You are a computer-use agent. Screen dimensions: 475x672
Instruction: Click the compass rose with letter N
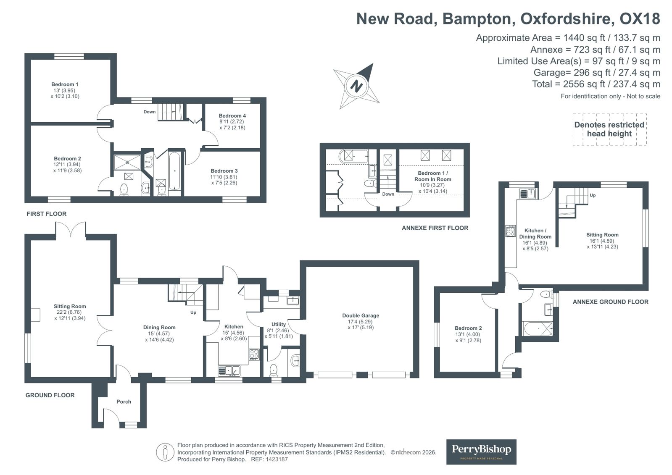coord(356,86)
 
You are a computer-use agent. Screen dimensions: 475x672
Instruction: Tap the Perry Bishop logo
coord(481,451)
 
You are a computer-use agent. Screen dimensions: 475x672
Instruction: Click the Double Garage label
coord(360,321)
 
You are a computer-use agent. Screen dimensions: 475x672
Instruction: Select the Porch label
coord(124,402)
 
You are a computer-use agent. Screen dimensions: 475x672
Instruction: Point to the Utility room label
coord(278,324)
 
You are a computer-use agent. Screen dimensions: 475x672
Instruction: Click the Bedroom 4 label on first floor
coord(232,116)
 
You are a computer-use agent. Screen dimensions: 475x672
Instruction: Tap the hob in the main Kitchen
coord(254,354)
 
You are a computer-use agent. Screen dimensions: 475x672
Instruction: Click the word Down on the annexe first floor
coord(388,194)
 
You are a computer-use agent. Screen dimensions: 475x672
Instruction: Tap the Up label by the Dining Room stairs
coord(193,312)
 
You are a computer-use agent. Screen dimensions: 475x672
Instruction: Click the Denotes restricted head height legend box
coord(609,129)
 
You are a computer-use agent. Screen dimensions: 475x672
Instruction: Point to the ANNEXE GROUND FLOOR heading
coord(610,302)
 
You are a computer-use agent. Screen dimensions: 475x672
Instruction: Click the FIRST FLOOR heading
coord(46,214)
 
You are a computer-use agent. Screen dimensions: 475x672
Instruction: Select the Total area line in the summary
coord(596,84)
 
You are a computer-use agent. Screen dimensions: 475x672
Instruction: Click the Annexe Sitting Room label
coord(602,235)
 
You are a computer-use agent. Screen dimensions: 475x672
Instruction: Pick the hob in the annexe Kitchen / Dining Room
coord(510,231)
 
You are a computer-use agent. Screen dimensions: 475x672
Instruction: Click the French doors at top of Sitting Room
coord(71,229)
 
